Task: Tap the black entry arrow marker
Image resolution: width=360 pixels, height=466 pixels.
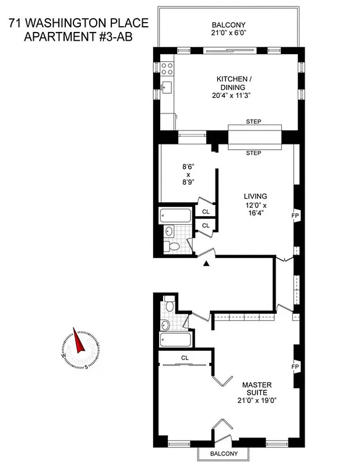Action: [x=206, y=264]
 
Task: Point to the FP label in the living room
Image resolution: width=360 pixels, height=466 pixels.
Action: [x=295, y=216]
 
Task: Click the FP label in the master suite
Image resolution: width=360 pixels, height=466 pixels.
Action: [x=295, y=367]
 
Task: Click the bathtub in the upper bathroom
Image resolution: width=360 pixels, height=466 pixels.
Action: [x=175, y=215]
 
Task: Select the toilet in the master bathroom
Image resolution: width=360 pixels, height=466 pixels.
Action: [x=169, y=304]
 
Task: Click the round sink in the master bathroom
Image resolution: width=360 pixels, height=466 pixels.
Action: [x=165, y=324]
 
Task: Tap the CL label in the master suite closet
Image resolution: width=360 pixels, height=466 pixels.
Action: [x=185, y=358]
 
